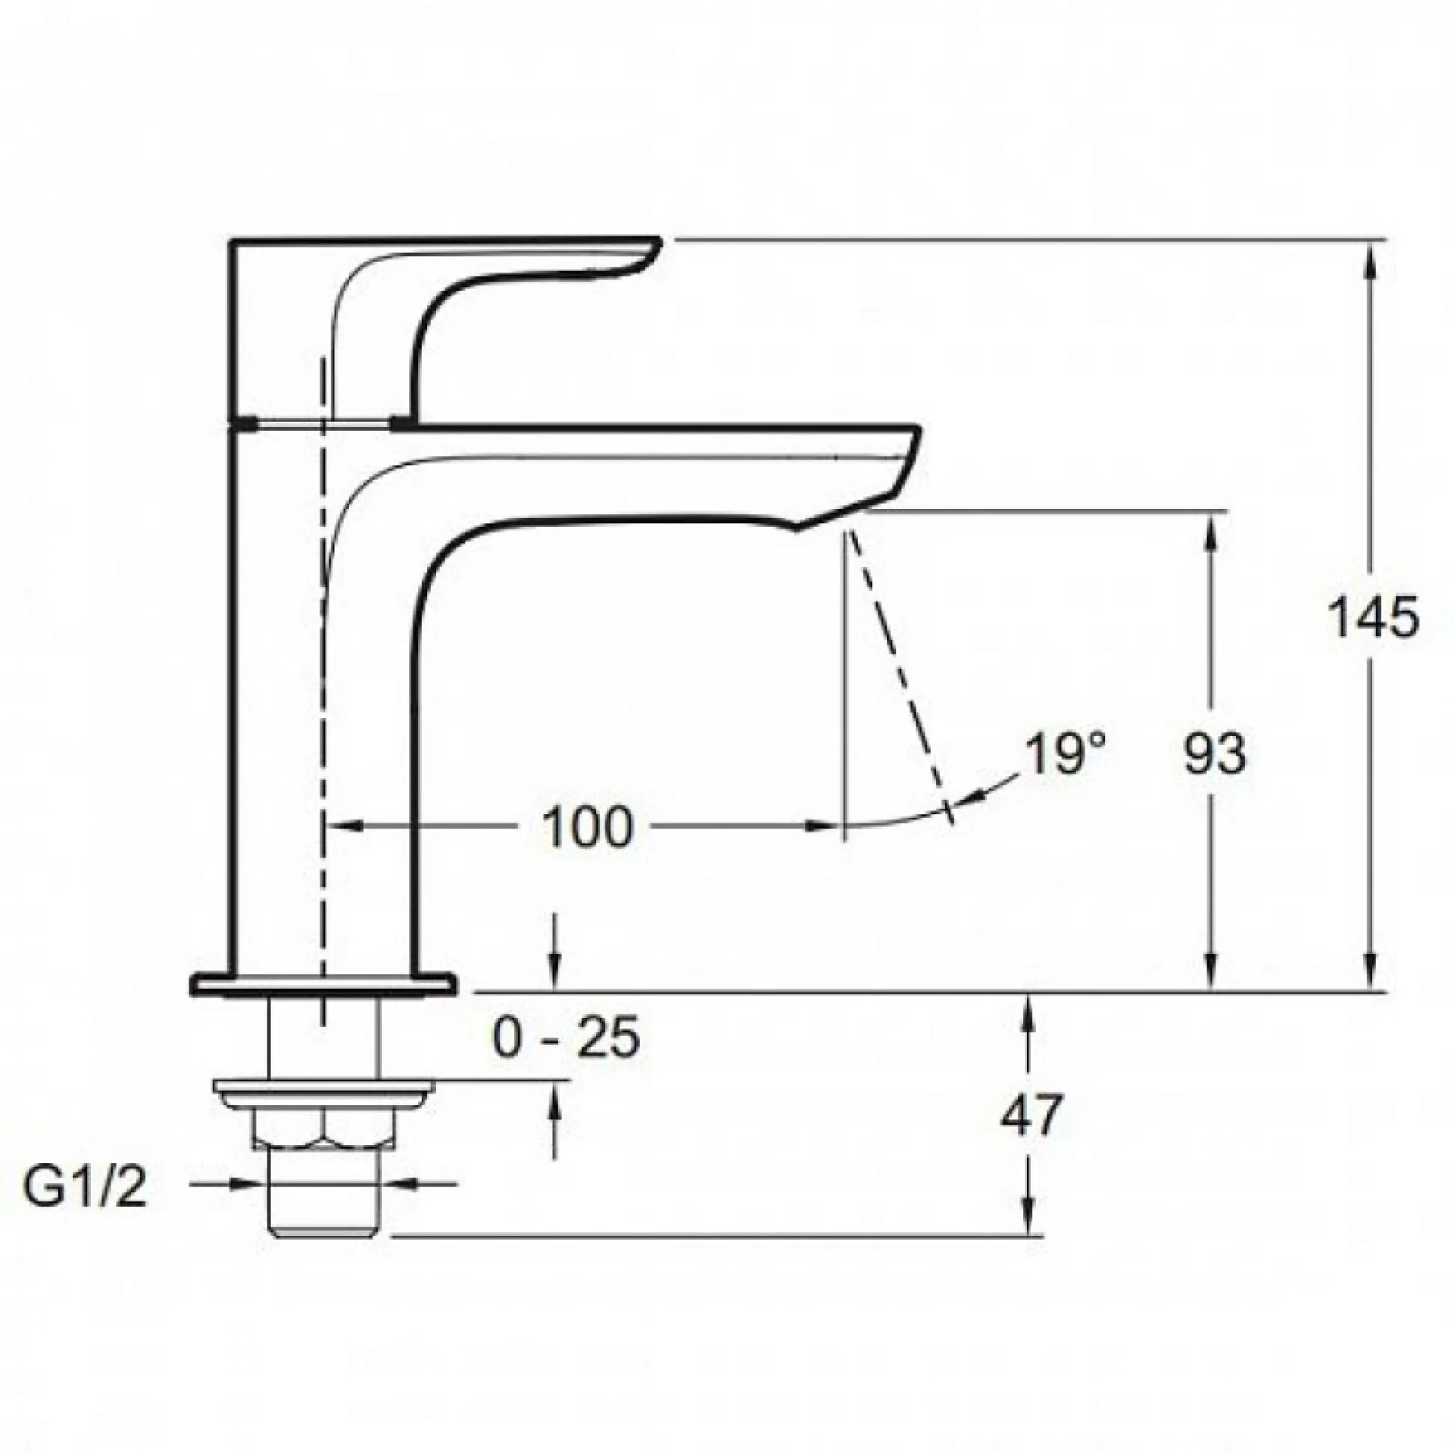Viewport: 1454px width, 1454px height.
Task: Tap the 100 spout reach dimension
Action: (x=588, y=827)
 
